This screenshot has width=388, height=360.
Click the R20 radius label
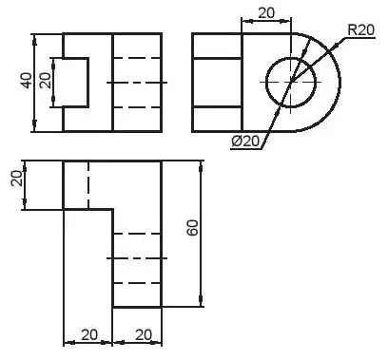pos(361,30)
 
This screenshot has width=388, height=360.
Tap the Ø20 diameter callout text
pos(245,142)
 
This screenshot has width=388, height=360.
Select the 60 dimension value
pos(192,228)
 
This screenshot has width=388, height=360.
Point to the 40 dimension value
pos(27,81)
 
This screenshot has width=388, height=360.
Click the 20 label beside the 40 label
pos(46,81)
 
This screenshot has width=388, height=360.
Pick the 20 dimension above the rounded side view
pos(266,13)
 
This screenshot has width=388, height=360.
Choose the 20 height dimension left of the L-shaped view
pos(17,179)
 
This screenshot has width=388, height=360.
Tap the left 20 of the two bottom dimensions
pos(89,334)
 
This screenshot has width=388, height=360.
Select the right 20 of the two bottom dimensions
pos(144,334)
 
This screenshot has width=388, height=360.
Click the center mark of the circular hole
pos(291,83)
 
